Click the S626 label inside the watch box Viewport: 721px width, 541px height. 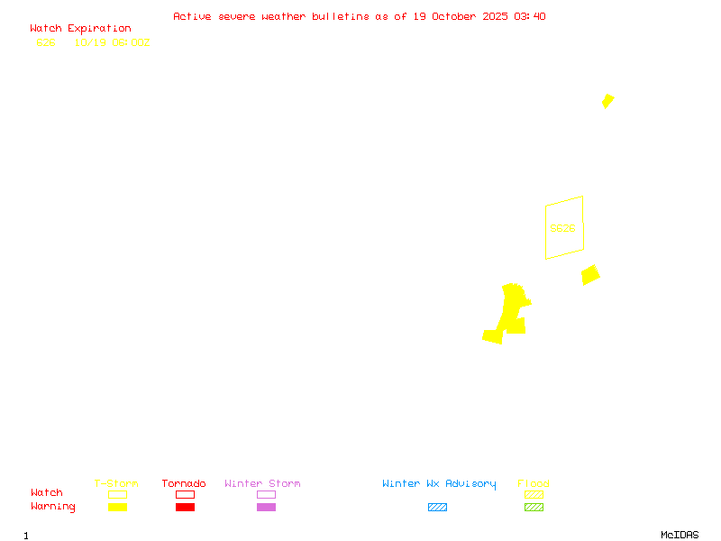[562, 229]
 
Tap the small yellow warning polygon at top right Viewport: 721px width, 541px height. [608, 101]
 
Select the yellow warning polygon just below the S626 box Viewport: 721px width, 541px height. [590, 274]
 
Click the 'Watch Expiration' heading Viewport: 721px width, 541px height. [80, 29]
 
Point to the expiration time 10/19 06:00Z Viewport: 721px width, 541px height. [112, 42]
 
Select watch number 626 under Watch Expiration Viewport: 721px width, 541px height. [46, 42]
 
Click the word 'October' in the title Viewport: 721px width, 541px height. [458, 16]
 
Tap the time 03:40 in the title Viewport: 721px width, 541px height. [530, 16]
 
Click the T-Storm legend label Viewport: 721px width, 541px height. [116, 484]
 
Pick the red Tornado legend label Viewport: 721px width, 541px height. [184, 484]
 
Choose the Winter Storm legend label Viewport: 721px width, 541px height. [262, 484]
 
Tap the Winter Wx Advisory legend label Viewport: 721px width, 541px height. [439, 484]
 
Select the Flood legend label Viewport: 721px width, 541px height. [534, 484]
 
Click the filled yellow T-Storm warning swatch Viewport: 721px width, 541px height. [117, 508]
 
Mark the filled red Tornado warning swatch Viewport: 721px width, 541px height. [185, 508]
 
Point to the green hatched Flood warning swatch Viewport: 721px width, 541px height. [534, 508]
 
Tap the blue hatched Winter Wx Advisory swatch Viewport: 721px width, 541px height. [437, 508]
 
